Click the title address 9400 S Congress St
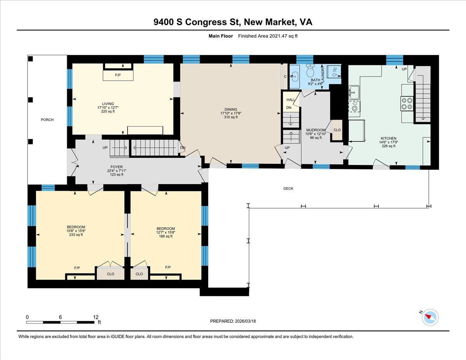233,22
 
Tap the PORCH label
47,120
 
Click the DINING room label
231,110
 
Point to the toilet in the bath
310,71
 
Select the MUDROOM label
315,130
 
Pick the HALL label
291,100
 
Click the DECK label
288,189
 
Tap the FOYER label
116,167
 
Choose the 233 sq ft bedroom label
76,235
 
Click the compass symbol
429,317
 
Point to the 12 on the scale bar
96,317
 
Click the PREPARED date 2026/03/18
233,321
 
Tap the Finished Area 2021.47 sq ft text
268,36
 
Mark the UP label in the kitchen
404,69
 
